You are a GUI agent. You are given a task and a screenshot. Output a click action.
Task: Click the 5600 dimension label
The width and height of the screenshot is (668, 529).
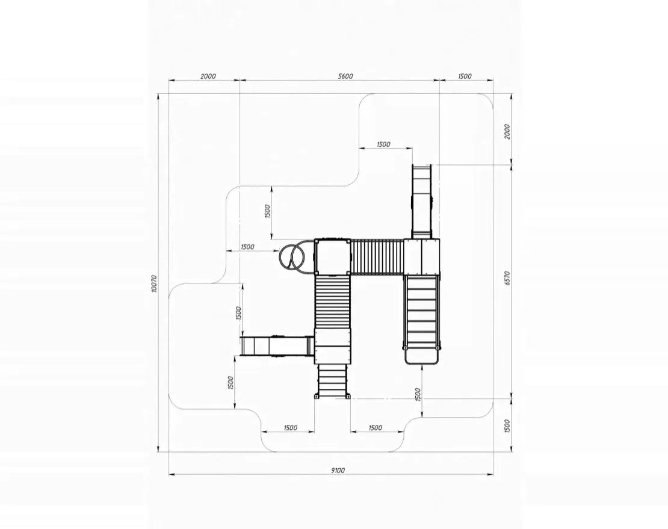345,76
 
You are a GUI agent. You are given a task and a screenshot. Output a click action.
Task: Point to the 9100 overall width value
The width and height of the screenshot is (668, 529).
338,470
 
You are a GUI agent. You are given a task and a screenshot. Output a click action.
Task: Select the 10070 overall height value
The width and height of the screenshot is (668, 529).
154,283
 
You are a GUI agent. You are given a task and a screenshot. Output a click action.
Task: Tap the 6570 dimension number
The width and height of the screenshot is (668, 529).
507,278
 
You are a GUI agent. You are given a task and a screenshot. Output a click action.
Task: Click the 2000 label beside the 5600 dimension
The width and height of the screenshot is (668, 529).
208,76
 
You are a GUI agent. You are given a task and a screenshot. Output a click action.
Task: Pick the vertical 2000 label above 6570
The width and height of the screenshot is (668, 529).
507,132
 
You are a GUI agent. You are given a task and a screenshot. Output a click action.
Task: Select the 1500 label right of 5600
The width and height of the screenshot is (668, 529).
465,76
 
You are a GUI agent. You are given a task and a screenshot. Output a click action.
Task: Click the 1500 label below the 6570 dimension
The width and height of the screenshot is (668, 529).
507,426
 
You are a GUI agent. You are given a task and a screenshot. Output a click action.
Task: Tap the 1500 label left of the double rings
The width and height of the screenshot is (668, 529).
247,247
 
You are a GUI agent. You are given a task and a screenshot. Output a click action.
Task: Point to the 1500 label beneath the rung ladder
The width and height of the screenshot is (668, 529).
418,394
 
